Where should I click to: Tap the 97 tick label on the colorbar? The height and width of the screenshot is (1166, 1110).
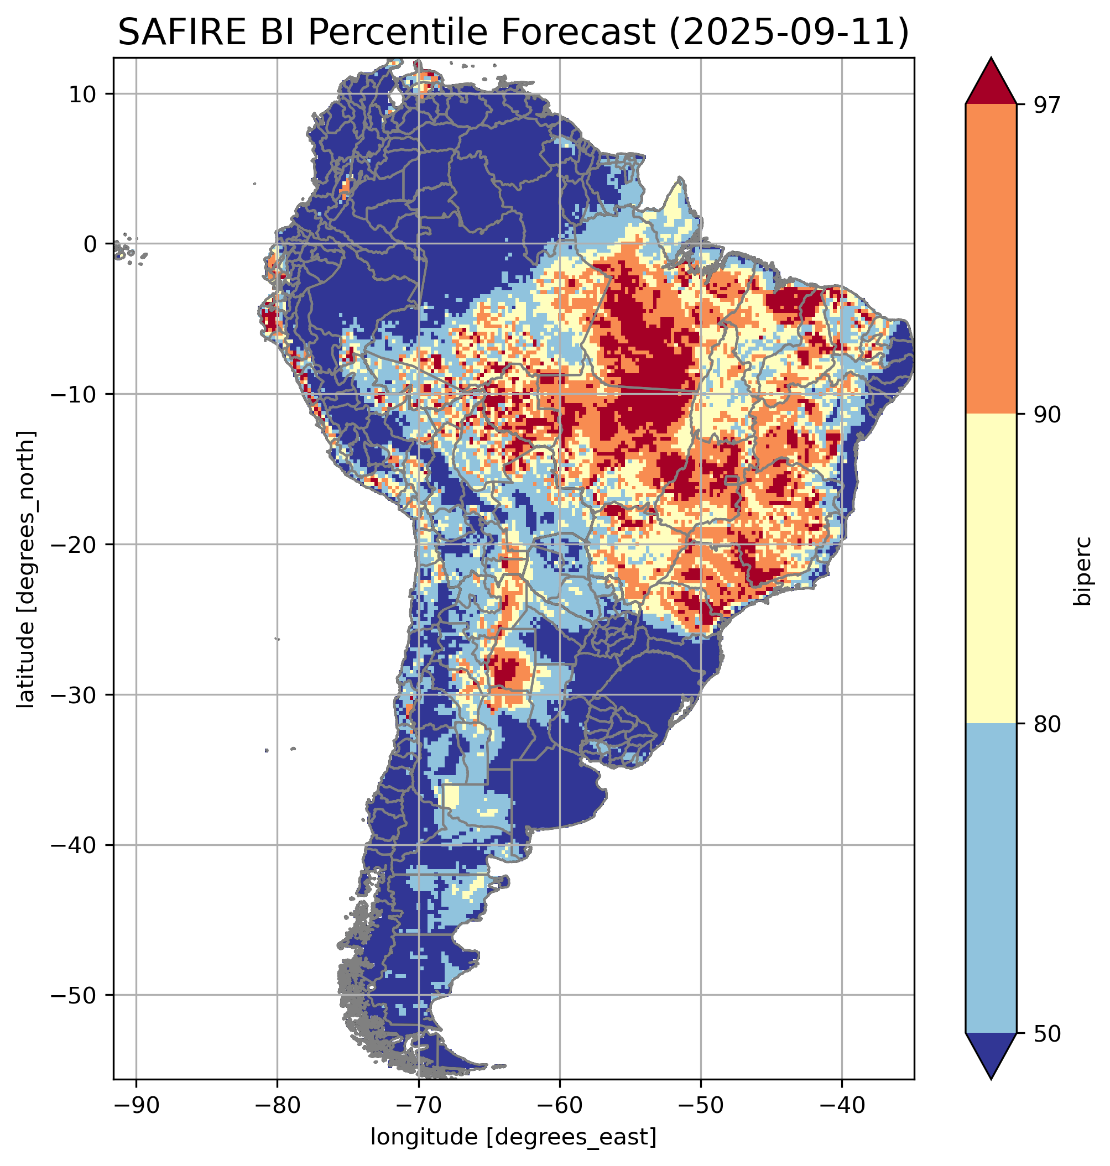click(x=1047, y=104)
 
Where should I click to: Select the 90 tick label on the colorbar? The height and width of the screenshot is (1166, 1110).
click(x=1047, y=414)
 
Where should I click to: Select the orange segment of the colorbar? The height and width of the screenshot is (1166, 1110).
click(x=991, y=259)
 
